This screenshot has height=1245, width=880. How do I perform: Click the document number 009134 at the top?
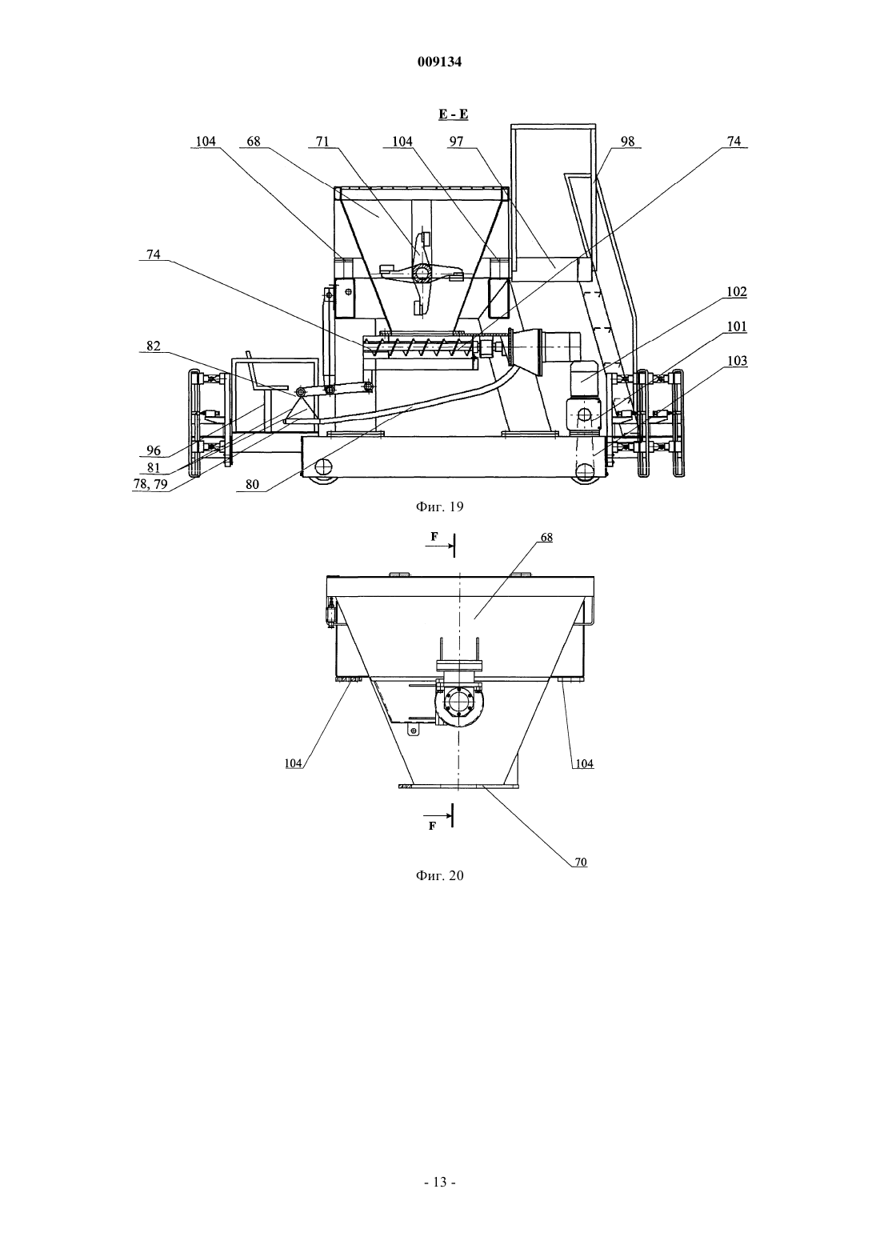pos(439,62)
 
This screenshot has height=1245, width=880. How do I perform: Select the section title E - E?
pos(454,114)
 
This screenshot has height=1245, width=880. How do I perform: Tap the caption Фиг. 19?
pos(439,506)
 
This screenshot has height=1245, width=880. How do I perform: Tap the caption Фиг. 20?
pos(439,875)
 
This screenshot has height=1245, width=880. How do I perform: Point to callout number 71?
pos(322,142)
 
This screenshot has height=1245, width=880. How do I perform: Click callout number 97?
pos(456,142)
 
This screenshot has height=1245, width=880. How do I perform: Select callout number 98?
pos(627,142)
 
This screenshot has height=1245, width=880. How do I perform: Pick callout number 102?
pos(737,292)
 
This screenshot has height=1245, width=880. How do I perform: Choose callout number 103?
pos(737,361)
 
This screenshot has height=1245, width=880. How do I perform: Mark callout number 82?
pos(154,346)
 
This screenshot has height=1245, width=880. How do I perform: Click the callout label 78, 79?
pos(150,484)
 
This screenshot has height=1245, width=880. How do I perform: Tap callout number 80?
pos(252,485)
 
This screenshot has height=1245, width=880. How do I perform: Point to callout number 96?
pos(154,450)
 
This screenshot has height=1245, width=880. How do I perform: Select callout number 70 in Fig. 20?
pos(581,862)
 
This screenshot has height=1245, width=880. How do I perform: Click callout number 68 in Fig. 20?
pos(546,538)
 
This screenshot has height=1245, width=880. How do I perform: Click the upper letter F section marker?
pos(434,536)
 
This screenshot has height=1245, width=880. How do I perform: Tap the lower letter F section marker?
pos(432,826)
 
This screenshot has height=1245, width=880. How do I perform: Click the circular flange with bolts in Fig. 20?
pos(459,702)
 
